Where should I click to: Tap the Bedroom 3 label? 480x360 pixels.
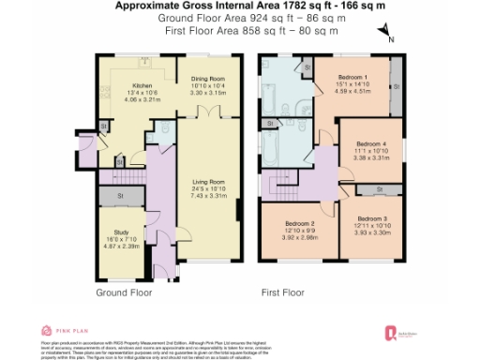click(x=371, y=218)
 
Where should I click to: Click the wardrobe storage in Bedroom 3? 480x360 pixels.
click(x=380, y=190)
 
